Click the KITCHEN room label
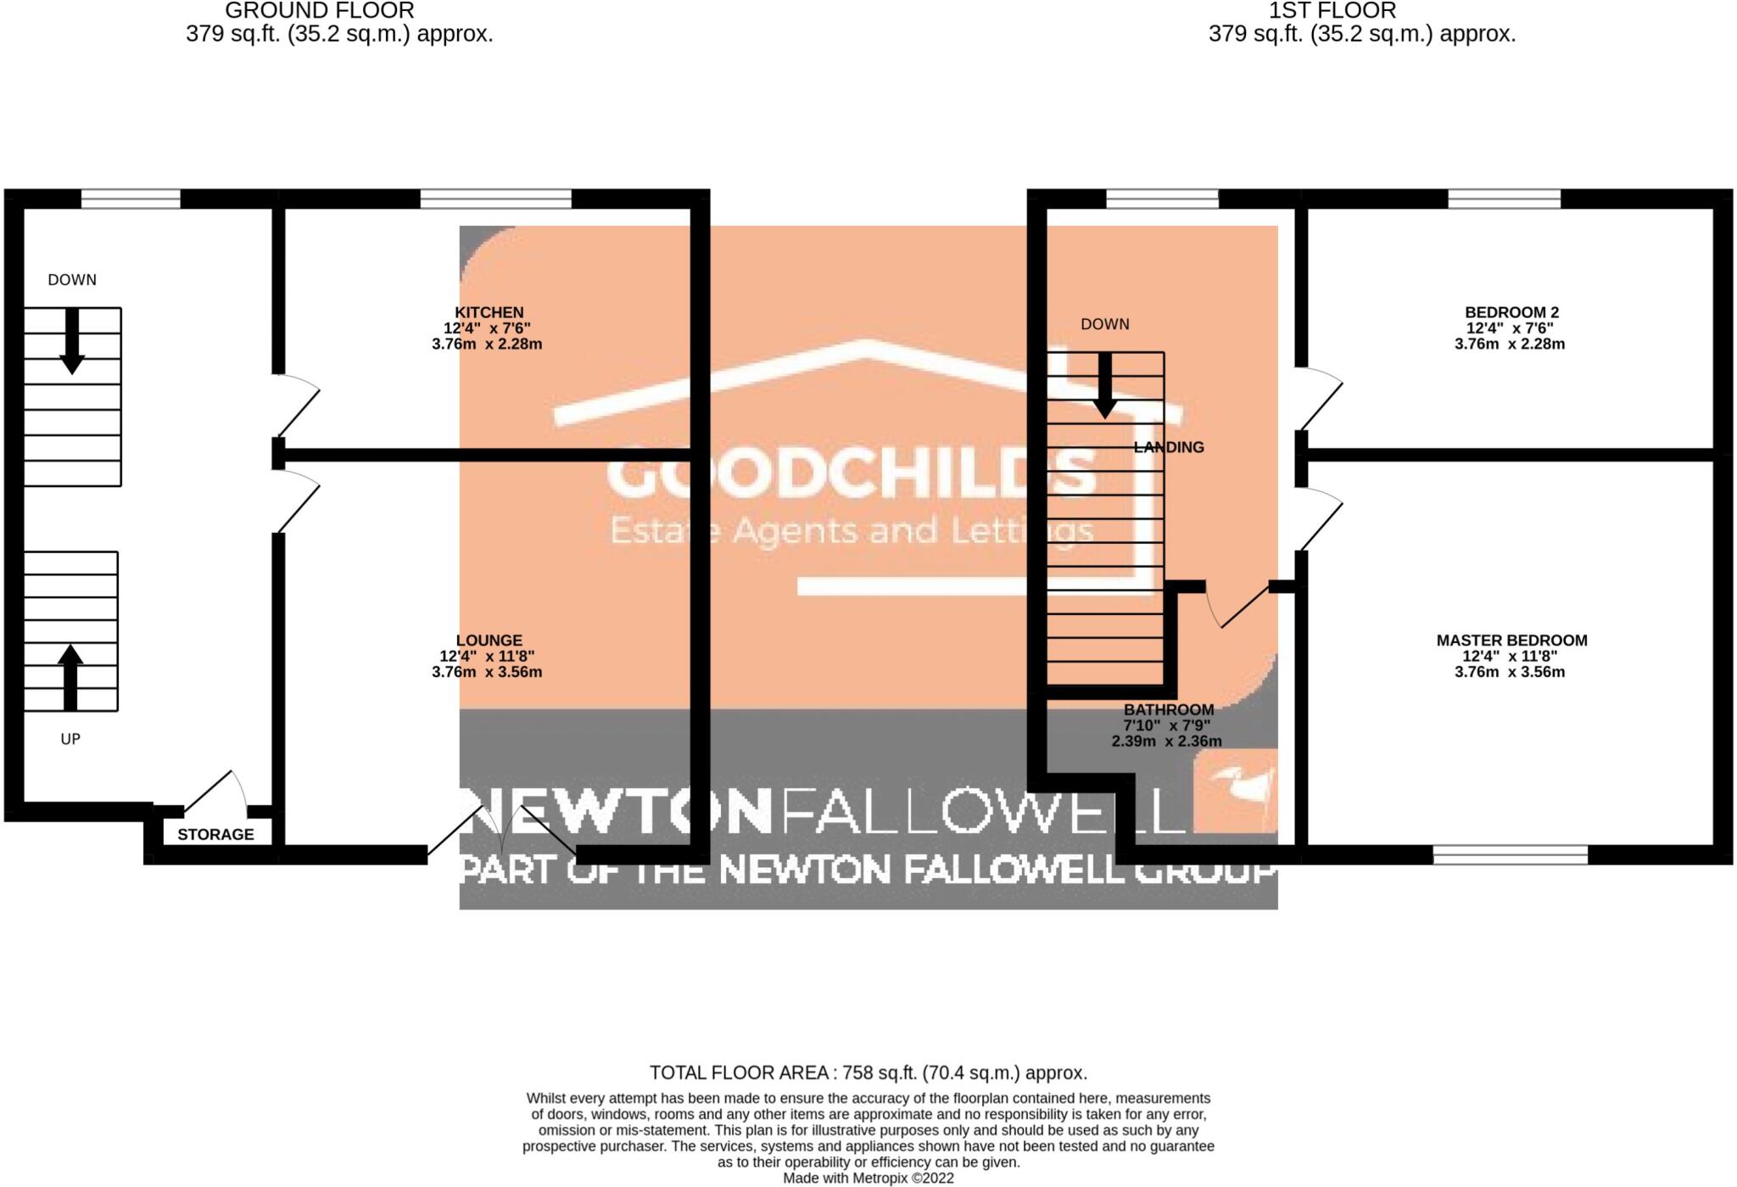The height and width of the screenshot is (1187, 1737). point(489,312)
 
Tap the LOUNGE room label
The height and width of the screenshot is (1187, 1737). point(489,641)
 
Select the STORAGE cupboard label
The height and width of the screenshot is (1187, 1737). point(215,834)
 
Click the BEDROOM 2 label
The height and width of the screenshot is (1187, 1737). point(1511,312)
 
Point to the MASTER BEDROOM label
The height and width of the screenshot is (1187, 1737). point(1511,641)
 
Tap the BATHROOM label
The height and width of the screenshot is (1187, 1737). point(1168,709)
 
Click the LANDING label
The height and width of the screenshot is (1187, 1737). point(1169,447)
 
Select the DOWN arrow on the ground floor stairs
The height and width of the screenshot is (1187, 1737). point(72,340)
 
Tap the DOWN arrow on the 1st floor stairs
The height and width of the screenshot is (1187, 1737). point(1104,385)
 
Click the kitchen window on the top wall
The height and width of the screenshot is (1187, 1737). point(495,199)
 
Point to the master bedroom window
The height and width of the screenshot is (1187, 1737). point(1510,854)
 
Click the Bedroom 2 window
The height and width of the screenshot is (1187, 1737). point(1504,199)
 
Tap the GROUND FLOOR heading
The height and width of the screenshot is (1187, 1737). point(319,11)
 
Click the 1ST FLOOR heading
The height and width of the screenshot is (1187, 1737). point(1332,11)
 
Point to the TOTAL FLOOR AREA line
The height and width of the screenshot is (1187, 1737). point(868,1072)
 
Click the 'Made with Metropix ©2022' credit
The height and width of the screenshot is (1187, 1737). point(868,1179)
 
